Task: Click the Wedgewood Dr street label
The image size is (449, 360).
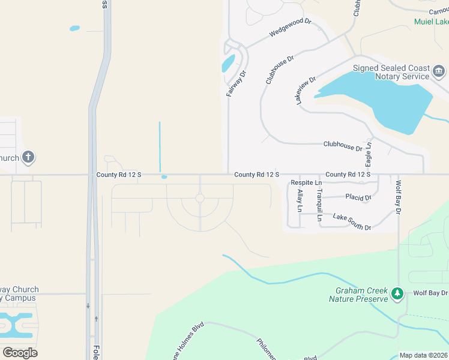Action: click(291, 29)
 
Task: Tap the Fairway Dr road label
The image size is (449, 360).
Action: click(237, 84)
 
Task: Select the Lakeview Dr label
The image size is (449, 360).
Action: click(306, 91)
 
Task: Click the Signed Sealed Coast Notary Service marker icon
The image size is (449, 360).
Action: click(439, 73)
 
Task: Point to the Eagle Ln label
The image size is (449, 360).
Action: click(369, 155)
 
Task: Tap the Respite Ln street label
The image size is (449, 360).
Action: click(306, 182)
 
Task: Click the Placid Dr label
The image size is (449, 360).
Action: click(359, 197)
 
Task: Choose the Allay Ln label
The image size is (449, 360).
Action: click(300, 201)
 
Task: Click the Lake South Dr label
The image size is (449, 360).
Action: click(352, 222)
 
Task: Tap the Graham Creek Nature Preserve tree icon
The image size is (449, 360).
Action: click(396, 293)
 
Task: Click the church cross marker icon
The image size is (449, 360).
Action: click(28, 158)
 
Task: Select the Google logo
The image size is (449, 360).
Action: click(20, 352)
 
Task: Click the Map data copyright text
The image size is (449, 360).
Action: click(423, 355)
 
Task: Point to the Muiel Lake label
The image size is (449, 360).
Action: click(432, 22)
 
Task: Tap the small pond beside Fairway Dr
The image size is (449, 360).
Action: click(228, 63)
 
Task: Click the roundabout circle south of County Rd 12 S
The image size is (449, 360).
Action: click(200, 198)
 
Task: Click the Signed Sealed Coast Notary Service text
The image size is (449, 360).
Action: click(391, 72)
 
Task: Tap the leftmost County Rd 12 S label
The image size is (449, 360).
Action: click(118, 175)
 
